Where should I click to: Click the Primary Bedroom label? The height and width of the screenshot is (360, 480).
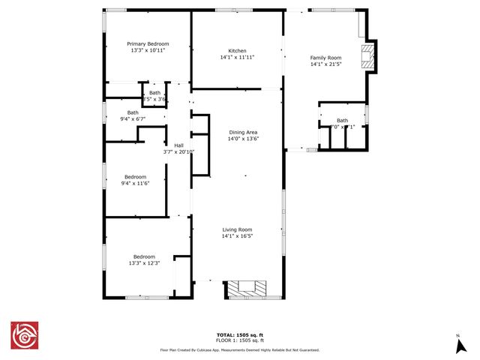pyautogui.click(x=148, y=44)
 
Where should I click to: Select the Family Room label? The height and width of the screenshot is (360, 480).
pyautogui.click(x=325, y=58)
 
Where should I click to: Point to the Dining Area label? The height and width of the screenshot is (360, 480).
pyautogui.click(x=242, y=133)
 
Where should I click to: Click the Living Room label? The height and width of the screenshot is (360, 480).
pyautogui.click(x=237, y=229)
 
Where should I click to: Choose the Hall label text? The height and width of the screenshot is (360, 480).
pyautogui.click(x=178, y=145)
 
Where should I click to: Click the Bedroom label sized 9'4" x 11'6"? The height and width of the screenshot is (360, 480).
pyautogui.click(x=135, y=177)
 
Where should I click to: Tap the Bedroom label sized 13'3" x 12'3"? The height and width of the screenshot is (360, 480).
pyautogui.click(x=144, y=256)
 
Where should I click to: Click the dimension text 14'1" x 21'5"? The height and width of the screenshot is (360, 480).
pyautogui.click(x=325, y=64)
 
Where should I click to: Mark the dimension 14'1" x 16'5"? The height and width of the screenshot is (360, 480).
pyautogui.click(x=237, y=236)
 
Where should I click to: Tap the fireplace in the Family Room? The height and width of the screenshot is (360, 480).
pyautogui.click(x=368, y=57)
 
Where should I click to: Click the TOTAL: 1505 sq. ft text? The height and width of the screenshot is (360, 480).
pyautogui.click(x=239, y=334)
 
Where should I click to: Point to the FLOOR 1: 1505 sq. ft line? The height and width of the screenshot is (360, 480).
pyautogui.click(x=239, y=340)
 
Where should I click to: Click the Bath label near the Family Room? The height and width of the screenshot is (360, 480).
pyautogui.click(x=342, y=120)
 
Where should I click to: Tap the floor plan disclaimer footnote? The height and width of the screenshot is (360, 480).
pyautogui.click(x=239, y=349)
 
